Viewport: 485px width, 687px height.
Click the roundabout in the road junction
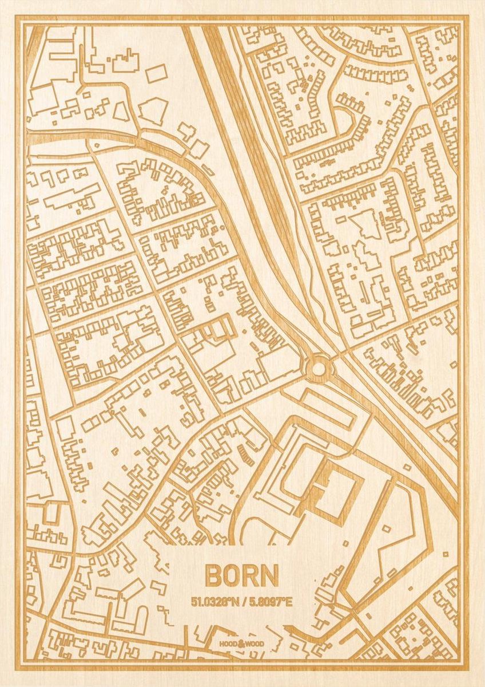(x=318, y=366)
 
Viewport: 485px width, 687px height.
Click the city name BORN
(x=242, y=576)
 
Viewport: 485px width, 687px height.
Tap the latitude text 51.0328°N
(x=216, y=602)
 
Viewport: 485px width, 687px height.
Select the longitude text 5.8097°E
(x=269, y=602)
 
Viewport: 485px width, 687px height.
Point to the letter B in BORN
(x=213, y=576)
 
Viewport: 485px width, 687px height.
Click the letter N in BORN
(x=270, y=576)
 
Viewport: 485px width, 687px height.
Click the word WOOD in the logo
(x=255, y=645)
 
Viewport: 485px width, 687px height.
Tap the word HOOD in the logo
(x=227, y=645)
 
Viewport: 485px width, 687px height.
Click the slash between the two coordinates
(x=243, y=602)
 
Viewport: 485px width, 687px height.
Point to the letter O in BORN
(x=232, y=576)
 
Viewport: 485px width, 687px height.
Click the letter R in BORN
(x=251, y=576)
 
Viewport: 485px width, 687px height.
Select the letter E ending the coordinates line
(x=289, y=602)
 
